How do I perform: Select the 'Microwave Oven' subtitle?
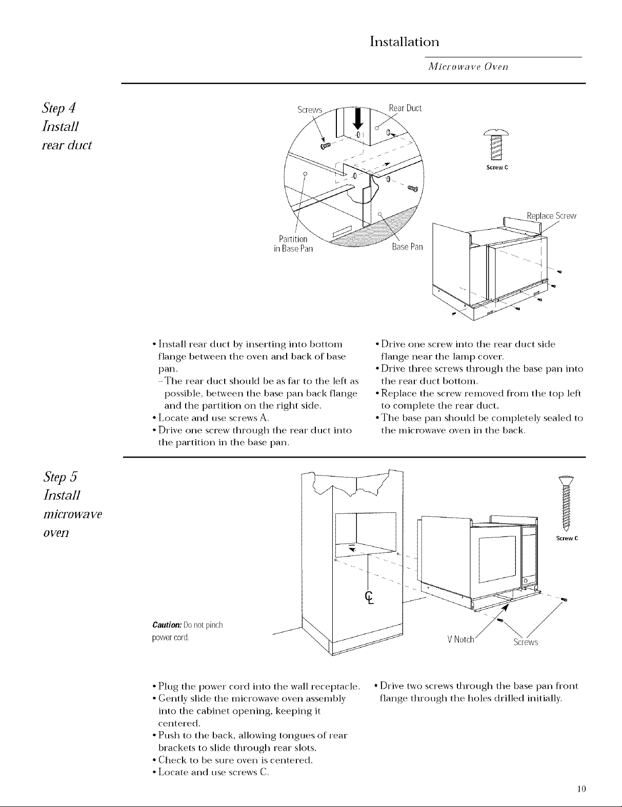(x=468, y=67)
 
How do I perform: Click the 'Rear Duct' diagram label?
(x=405, y=108)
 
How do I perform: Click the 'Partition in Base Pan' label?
(x=292, y=244)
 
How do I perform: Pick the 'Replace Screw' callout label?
(x=552, y=216)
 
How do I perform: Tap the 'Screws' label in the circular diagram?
(x=310, y=110)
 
